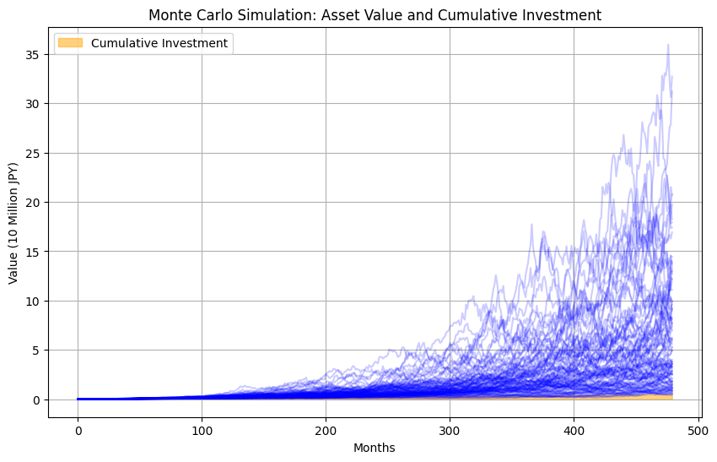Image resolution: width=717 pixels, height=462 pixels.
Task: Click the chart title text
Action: coord(375,14)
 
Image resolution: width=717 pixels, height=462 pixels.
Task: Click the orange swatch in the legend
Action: coord(70,43)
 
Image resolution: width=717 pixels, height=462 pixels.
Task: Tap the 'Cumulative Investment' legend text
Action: coord(159,43)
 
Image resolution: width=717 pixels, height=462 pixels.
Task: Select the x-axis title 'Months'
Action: coord(375,448)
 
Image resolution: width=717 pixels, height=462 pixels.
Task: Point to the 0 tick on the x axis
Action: coord(78,429)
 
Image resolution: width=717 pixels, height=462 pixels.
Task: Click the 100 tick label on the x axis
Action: coord(202,429)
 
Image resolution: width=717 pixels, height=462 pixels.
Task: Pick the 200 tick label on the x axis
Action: coord(326,429)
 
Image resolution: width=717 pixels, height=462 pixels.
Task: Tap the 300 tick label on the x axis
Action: coord(450,429)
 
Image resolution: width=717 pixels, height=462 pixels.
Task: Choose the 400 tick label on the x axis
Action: coord(574,429)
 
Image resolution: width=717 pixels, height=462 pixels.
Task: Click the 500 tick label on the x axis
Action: coord(698,429)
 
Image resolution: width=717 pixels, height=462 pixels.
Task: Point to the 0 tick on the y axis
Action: coord(36,399)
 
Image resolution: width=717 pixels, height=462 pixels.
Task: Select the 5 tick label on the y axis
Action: coord(36,351)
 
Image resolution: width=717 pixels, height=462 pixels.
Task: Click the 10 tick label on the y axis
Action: coord(34,301)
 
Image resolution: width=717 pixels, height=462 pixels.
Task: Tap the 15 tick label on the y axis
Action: coord(34,252)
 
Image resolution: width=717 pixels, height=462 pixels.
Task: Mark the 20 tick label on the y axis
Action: coord(34,203)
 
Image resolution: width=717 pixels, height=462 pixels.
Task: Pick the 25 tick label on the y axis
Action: coord(34,153)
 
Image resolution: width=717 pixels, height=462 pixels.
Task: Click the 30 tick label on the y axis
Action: coord(34,104)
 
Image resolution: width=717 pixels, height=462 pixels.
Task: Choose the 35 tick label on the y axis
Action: coord(34,55)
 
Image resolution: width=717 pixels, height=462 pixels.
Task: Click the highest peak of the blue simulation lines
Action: coord(668,45)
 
